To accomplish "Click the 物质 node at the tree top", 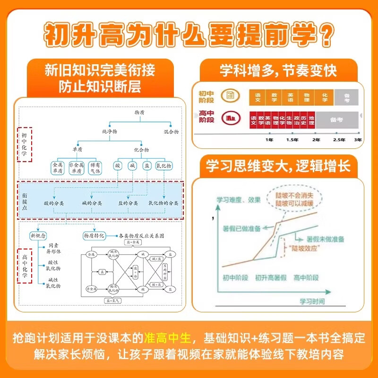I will (139, 112).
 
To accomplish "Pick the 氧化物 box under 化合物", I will (163, 166).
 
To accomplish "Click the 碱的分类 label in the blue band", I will (93, 203).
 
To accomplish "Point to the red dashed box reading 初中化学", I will (24, 145).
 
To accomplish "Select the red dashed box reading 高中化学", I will (25, 266).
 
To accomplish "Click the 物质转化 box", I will (92, 235).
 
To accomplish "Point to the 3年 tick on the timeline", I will (358, 140).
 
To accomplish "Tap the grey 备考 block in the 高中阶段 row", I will (336, 120).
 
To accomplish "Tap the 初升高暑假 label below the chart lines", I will (272, 278).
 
